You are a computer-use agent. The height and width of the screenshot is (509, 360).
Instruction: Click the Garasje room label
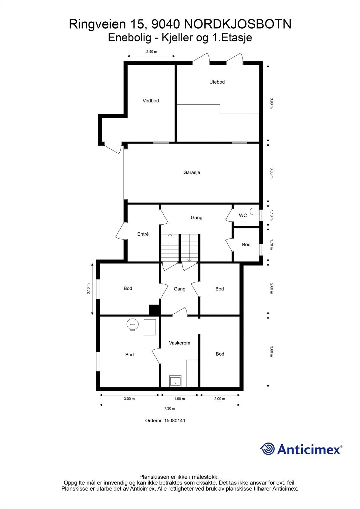coord(192,172)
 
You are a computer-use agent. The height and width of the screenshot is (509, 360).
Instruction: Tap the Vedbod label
coord(151,101)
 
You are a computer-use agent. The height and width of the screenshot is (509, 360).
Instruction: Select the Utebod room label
coord(217,82)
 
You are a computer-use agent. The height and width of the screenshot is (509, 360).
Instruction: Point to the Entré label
coord(143,234)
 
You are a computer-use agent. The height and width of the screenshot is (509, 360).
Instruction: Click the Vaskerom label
coord(180,343)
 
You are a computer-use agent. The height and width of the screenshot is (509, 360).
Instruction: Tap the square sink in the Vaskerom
coord(175,381)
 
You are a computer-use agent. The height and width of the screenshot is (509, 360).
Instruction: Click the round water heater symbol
coord(132,325)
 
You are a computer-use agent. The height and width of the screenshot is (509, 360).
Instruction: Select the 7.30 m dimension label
coord(169,408)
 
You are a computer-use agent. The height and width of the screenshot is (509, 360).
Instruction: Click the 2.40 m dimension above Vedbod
coord(152,52)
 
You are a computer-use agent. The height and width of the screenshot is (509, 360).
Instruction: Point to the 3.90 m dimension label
coord(272,103)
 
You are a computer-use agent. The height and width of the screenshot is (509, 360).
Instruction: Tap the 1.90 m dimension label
coord(180,399)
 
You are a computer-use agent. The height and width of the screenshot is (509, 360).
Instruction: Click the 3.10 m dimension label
coord(89,289)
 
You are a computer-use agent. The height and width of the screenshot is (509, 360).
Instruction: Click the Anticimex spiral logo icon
coord(267,449)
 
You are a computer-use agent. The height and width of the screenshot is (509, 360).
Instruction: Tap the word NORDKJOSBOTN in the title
coord(237,24)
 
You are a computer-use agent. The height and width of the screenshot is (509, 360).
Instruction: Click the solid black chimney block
coord(154,310)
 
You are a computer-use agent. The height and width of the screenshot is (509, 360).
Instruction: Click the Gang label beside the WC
coord(196,218)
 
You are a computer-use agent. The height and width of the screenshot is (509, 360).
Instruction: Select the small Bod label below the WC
coord(246,244)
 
